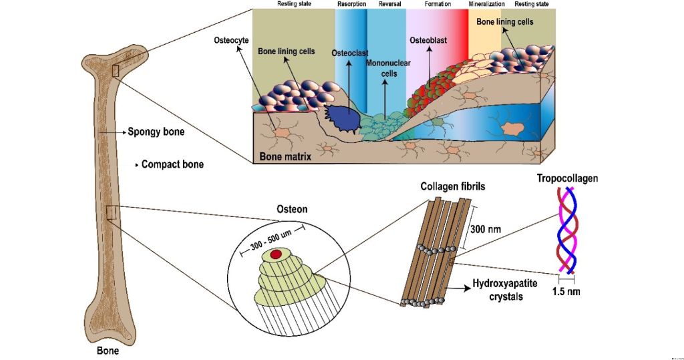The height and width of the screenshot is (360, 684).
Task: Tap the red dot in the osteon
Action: tap(275, 254)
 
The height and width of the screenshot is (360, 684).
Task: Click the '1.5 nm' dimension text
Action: tap(566, 292)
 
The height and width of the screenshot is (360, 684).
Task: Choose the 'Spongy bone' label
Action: tap(156, 132)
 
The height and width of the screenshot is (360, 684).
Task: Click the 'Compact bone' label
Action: tap(172, 164)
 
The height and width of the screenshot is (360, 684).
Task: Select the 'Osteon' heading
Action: tap(292, 209)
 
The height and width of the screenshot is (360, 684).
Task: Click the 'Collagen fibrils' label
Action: tap(453, 187)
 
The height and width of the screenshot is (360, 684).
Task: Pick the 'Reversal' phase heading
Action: tap(389, 4)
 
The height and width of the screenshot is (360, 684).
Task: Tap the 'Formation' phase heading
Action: tap(438, 4)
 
